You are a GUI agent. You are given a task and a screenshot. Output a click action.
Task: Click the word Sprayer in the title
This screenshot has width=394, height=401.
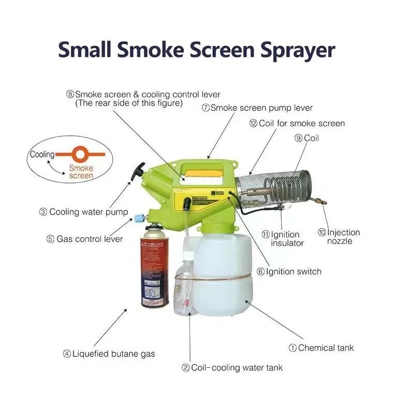click(x=298, y=51)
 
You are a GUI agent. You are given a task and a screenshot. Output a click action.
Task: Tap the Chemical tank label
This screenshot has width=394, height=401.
click(x=321, y=348)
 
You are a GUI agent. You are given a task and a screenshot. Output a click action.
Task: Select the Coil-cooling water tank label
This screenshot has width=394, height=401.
click(x=232, y=367)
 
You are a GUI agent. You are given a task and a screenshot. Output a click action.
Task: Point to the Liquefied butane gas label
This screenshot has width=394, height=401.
click(x=109, y=354)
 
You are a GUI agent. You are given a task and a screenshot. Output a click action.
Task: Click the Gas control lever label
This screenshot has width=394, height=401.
click(x=84, y=239)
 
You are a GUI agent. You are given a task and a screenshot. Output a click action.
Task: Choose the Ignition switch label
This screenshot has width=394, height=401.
click(x=289, y=271)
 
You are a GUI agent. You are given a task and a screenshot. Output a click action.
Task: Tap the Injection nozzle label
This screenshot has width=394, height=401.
click(x=339, y=237)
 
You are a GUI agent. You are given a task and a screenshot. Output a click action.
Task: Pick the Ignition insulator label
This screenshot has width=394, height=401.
click(x=283, y=239)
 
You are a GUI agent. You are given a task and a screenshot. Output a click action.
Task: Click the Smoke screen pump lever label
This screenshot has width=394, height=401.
click(x=257, y=108)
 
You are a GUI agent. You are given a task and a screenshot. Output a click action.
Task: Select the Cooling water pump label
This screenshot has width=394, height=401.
click(x=83, y=212)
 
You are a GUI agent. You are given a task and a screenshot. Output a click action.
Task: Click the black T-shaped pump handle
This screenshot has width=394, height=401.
click(x=137, y=171)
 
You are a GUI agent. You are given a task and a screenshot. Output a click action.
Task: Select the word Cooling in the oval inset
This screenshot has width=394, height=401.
click(x=42, y=154)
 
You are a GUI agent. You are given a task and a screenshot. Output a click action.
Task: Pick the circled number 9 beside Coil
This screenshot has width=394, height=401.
click(x=298, y=138)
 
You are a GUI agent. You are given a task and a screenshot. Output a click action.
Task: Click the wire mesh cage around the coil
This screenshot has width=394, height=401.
click(x=273, y=189)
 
